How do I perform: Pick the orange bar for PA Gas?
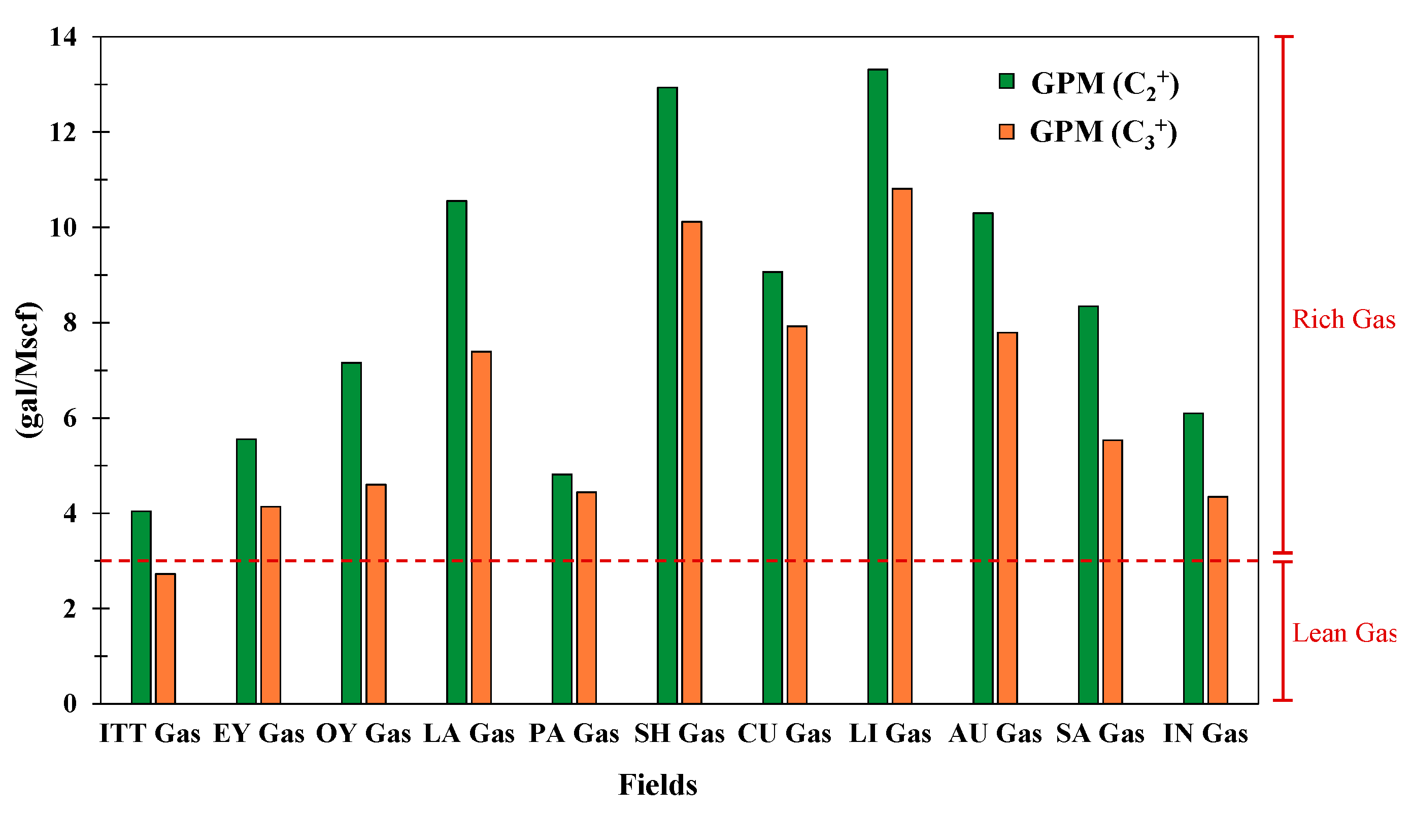tap(586, 597)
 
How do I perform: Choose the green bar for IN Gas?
tap(1193, 558)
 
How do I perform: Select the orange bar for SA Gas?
tap(1112, 572)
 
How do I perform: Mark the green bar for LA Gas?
tap(457, 452)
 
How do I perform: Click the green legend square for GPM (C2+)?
tap(1006, 82)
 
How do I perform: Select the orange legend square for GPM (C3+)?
tap(1006, 131)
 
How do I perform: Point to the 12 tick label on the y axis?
tap(62, 133)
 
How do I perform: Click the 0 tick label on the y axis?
tap(70, 703)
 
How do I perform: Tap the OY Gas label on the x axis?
tap(363, 734)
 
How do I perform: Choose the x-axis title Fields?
tap(657, 785)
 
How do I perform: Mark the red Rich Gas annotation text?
tap(1343, 319)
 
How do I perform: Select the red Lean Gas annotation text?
tap(1344, 633)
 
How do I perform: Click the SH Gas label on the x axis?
tap(679, 734)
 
